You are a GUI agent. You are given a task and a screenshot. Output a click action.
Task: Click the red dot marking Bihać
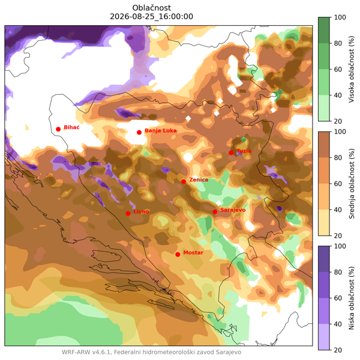coord(58,129)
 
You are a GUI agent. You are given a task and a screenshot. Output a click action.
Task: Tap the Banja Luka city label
coord(161,131)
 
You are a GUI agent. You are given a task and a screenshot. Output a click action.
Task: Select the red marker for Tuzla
coord(231,152)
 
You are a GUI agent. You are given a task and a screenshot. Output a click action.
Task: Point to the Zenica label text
coord(199,179)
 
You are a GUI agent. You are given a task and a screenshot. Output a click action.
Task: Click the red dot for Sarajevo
coord(215,212)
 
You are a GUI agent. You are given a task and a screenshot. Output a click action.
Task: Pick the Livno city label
coord(141,211)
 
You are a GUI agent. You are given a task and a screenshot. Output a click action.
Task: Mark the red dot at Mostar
coord(178,254)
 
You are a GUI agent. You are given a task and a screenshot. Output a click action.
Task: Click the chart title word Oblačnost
coord(152,8)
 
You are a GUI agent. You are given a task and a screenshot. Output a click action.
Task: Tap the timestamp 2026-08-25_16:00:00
coord(152,17)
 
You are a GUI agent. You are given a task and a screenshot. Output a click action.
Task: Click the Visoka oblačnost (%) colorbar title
coord(352,69)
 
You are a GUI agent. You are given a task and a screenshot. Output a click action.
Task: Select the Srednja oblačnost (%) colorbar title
coord(352,184)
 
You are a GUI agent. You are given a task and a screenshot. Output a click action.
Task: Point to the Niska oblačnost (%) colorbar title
coord(352,298)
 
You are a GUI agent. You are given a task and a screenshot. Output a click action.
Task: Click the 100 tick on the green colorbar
coord(340,17)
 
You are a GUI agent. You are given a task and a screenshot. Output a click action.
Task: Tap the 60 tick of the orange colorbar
coord(338,184)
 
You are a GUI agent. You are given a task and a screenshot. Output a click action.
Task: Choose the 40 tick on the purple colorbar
coord(338,324)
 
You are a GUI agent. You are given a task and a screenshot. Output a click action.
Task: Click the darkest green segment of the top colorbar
coord(324,30)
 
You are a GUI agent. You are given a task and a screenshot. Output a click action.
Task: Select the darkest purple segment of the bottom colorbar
coord(324,259)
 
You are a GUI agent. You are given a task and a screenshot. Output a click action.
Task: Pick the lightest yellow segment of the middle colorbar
coord(324,223)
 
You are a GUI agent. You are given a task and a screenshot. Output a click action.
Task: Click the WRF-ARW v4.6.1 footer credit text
coord(151,352)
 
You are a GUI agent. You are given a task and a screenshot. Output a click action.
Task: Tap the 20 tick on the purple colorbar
coord(338,350)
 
